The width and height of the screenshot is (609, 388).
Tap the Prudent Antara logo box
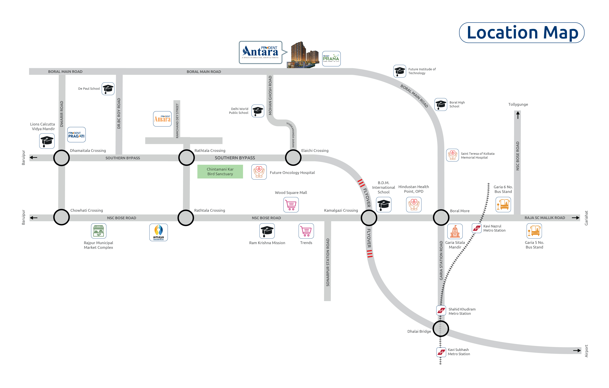pyautogui.click(x=261, y=52)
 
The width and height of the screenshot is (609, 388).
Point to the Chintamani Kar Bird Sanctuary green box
pyautogui.click(x=220, y=171)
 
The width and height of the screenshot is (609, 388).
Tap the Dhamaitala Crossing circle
pyautogui.click(x=61, y=158)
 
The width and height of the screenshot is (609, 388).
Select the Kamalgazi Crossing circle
pyautogui.click(x=369, y=218)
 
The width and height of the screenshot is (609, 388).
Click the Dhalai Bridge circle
pyautogui.click(x=441, y=329)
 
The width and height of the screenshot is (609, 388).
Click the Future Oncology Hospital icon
pyautogui.click(x=259, y=172)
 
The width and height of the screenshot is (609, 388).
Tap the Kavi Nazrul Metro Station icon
pyautogui.click(x=477, y=228)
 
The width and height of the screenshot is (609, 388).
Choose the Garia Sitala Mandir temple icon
pyautogui.click(x=455, y=231)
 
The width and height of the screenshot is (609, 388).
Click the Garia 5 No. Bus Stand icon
pyautogui.click(x=534, y=231)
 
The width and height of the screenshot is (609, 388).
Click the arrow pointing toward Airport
pyautogui.click(x=577, y=351)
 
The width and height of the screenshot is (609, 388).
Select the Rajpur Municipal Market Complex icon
pyautogui.click(x=99, y=231)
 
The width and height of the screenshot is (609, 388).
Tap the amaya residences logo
pyautogui.click(x=159, y=232)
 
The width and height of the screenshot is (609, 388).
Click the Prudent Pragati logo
pyautogui.click(x=76, y=135)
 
